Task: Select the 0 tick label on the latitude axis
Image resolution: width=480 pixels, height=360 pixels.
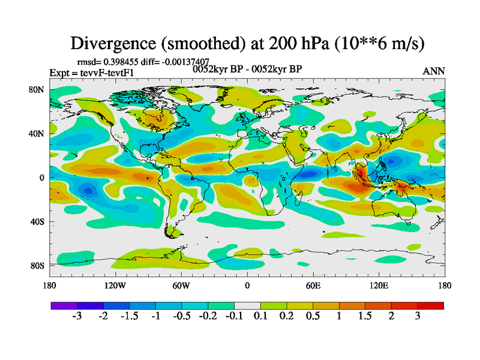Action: pyautogui.click(x=43, y=178)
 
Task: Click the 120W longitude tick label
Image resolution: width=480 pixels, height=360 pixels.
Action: pyautogui.click(x=116, y=285)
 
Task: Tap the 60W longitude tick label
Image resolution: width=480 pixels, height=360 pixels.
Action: pyautogui.click(x=181, y=285)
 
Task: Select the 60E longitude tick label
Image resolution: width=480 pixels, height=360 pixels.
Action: pyautogui.click(x=313, y=285)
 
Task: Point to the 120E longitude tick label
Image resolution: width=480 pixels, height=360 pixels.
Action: pyautogui.click(x=379, y=285)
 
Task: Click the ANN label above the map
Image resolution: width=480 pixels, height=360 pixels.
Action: pyautogui.click(x=434, y=71)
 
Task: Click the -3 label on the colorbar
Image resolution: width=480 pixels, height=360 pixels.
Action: pyautogui.click(x=77, y=316)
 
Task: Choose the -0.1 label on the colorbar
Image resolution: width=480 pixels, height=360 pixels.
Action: pyautogui.click(x=234, y=316)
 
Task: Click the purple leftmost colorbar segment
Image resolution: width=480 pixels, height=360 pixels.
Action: pyautogui.click(x=64, y=305)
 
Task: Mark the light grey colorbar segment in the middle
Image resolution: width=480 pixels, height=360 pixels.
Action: pyautogui.click(x=247, y=305)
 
